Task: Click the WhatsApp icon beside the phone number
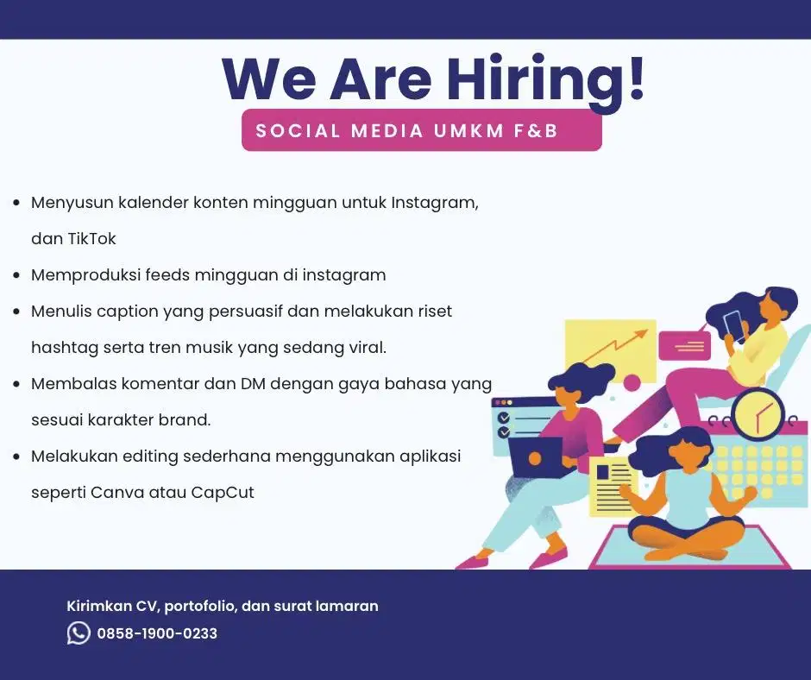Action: coord(79,633)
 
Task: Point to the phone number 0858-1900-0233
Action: coord(157,634)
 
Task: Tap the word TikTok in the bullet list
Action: coord(91,239)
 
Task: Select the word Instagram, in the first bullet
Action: coord(434,203)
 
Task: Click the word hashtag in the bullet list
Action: coord(64,348)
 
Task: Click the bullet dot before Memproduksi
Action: coord(16,276)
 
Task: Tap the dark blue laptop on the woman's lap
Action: coord(534,456)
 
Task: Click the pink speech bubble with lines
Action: coord(684,345)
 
